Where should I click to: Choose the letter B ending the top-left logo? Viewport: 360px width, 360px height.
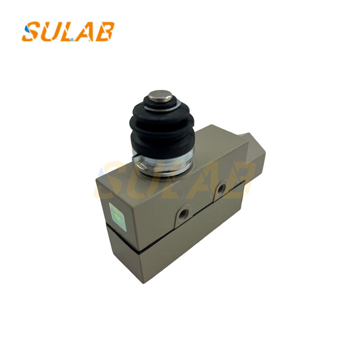105,31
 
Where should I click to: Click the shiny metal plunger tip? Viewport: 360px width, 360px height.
161,96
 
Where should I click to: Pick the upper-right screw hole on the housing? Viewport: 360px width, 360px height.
220,189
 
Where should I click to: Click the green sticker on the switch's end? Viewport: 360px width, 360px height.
115,211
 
